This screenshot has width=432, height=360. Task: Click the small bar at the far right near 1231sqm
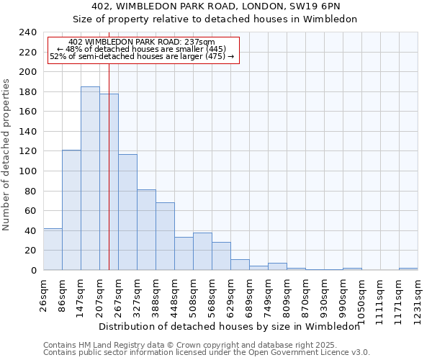(408, 269)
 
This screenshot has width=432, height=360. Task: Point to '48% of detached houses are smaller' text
(141, 49)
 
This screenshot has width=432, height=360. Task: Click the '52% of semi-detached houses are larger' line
(143, 56)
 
